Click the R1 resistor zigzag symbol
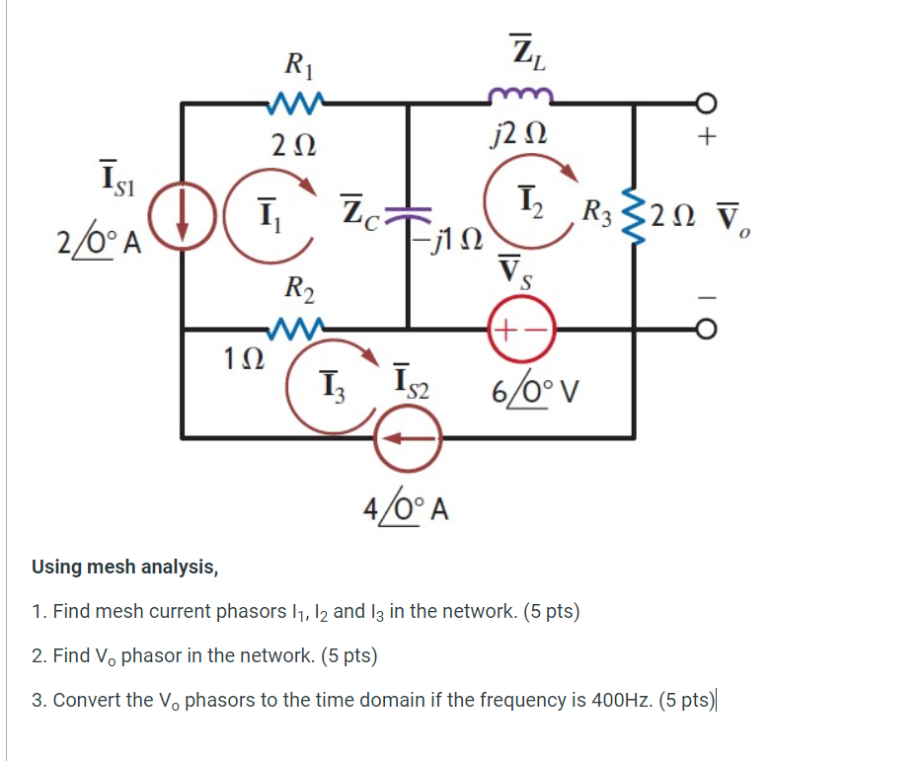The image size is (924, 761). (294, 101)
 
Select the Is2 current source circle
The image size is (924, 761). (407, 437)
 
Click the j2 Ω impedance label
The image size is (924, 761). (521, 134)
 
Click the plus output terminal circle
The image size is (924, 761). (704, 102)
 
